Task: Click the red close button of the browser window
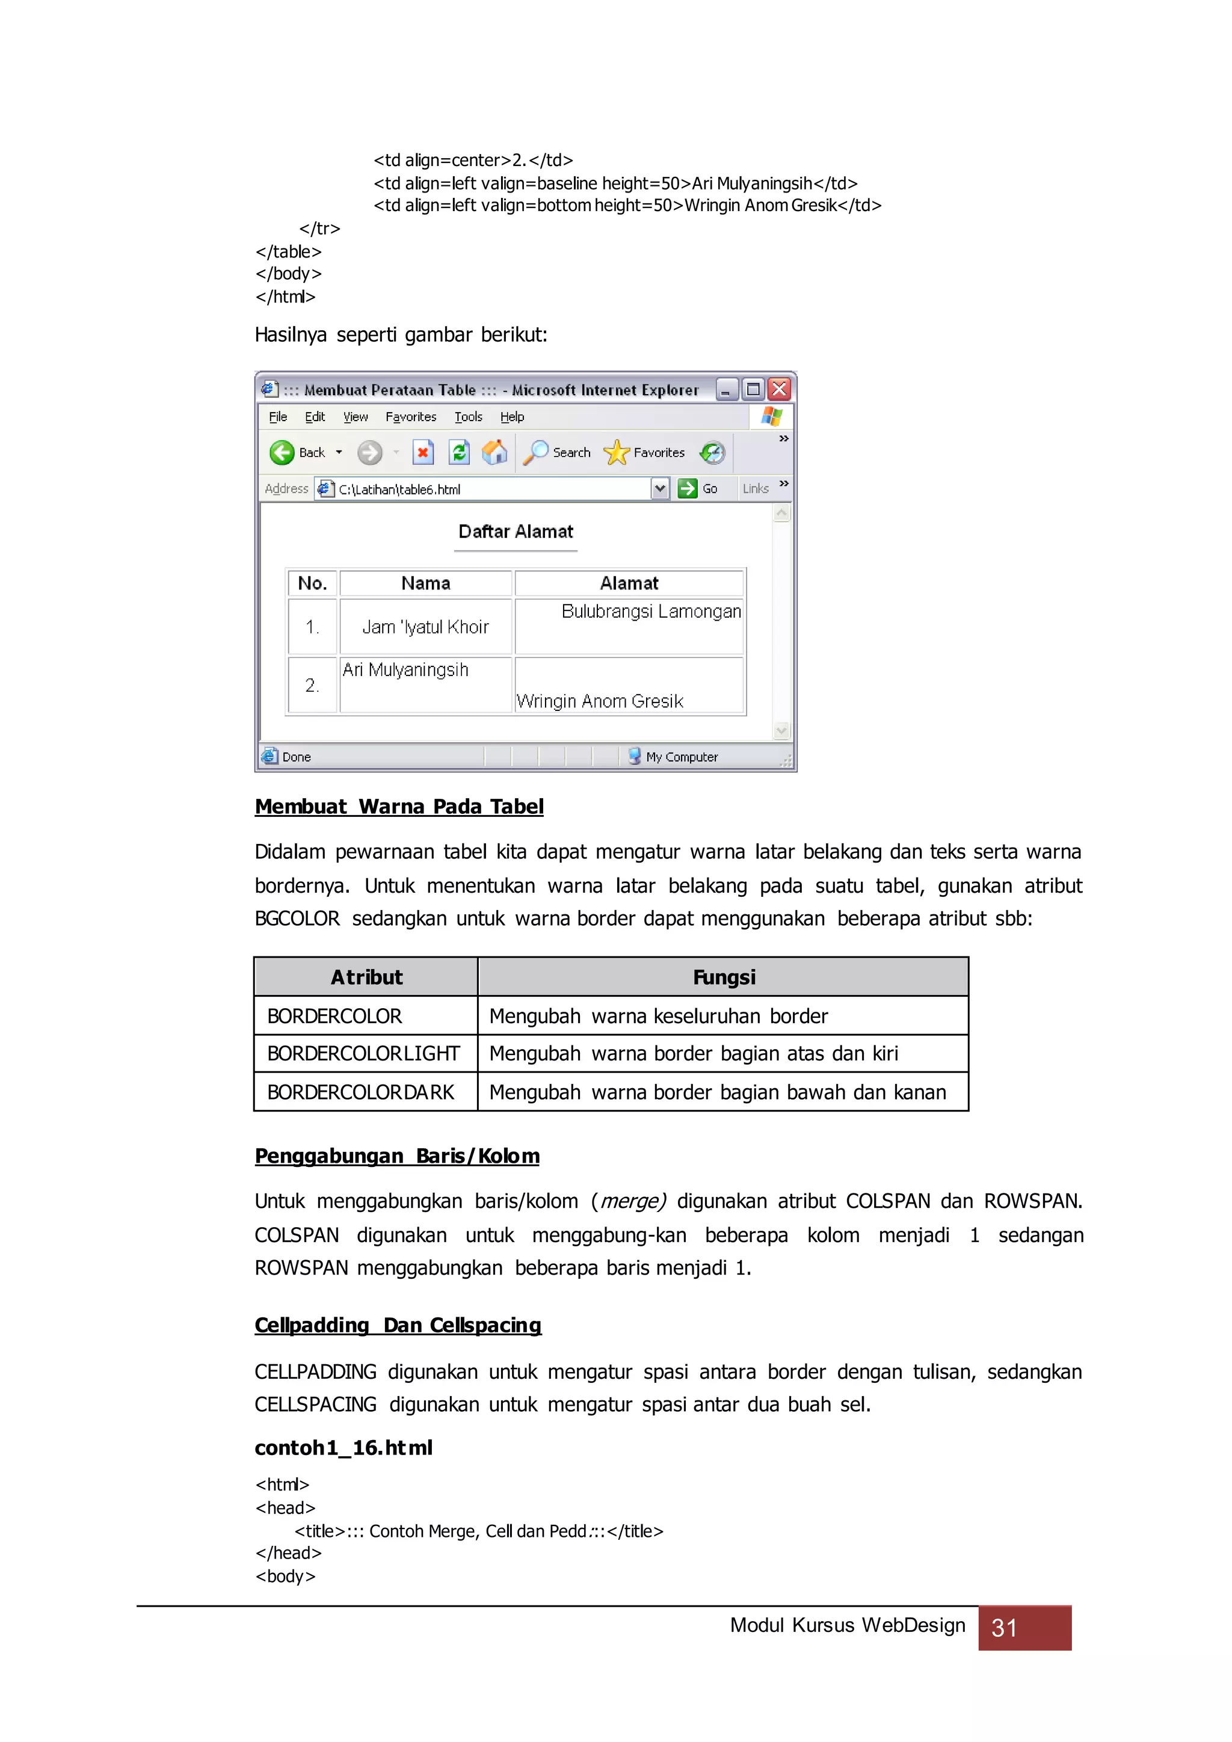tap(779, 389)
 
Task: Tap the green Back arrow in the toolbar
tap(282, 453)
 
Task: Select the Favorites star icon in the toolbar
tap(616, 453)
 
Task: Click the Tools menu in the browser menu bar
tap(468, 416)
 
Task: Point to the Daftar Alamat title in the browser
tap(516, 532)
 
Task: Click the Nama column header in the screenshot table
tap(425, 583)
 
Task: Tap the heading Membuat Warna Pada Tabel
tap(399, 807)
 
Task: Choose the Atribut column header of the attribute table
tap(366, 977)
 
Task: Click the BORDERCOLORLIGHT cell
tap(363, 1054)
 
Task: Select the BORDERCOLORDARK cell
tap(360, 1092)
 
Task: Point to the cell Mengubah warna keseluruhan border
tap(659, 1017)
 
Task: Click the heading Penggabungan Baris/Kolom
tap(397, 1156)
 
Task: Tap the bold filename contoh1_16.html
tap(343, 1448)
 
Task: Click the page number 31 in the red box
tap(1005, 1628)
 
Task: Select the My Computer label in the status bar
tap(681, 757)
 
